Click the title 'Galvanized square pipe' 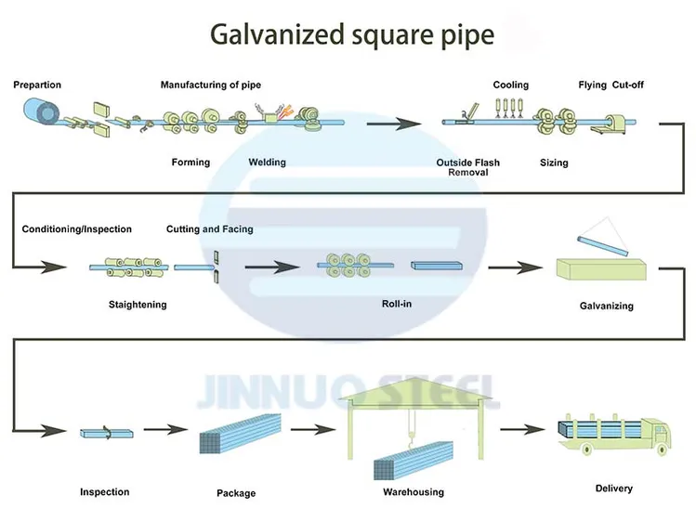(x=352, y=34)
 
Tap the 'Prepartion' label (x=37, y=85)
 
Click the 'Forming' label (x=190, y=163)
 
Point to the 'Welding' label (x=267, y=163)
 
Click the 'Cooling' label (x=510, y=85)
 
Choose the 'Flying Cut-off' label (x=611, y=85)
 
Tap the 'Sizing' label (x=554, y=163)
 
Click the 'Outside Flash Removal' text (x=467, y=167)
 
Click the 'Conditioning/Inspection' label (x=77, y=229)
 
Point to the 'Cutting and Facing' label (x=209, y=229)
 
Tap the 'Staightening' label (x=138, y=305)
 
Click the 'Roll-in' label (x=397, y=304)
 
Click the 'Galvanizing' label (x=606, y=306)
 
